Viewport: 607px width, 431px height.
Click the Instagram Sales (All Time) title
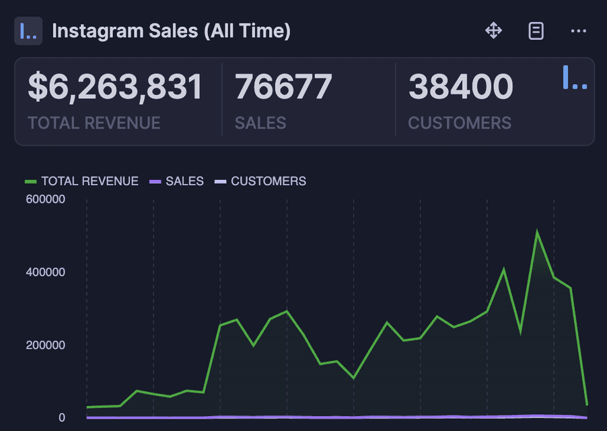pyautogui.click(x=171, y=31)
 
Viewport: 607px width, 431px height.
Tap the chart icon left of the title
pyautogui.click(x=28, y=31)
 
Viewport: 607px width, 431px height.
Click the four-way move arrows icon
pyautogui.click(x=493, y=31)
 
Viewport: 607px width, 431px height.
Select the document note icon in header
pyautogui.click(x=536, y=31)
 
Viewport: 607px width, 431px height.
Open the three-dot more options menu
pyautogui.click(x=578, y=31)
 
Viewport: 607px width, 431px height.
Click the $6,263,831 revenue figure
pyautogui.click(x=115, y=88)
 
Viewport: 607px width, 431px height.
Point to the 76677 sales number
pyautogui.click(x=283, y=88)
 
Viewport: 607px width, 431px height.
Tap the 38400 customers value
pyautogui.click(x=460, y=88)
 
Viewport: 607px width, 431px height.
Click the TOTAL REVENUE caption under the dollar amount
pyautogui.click(x=94, y=123)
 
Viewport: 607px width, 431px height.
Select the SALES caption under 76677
pyautogui.click(x=260, y=123)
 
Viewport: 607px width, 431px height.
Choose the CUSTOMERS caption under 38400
pyautogui.click(x=460, y=123)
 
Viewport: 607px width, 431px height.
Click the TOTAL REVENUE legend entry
pyautogui.click(x=82, y=181)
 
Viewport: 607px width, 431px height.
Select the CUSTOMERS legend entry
pyautogui.click(x=260, y=181)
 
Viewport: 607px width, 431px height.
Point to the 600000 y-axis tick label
pyautogui.click(x=46, y=199)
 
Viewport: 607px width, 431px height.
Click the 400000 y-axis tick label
pyautogui.click(x=46, y=272)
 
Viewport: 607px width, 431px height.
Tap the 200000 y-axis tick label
pyautogui.click(x=46, y=345)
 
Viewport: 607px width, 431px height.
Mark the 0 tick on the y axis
pyautogui.click(x=61, y=418)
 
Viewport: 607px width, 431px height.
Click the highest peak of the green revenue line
pyautogui.click(x=536, y=232)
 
